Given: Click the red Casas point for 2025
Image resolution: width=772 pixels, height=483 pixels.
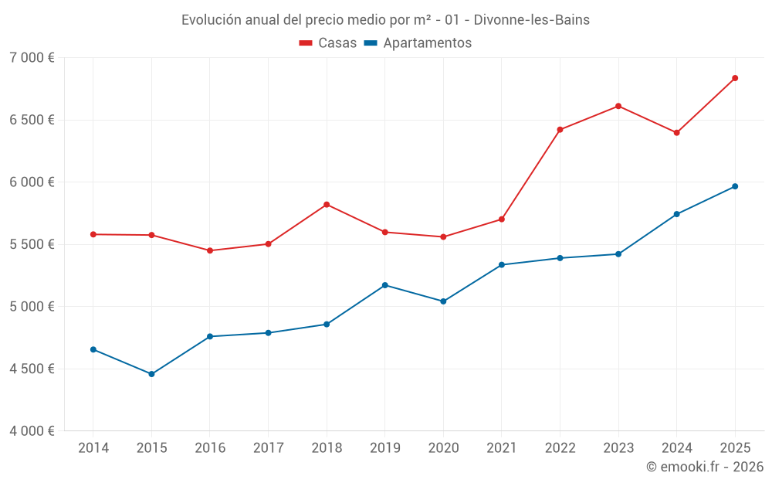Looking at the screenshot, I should [x=735, y=78].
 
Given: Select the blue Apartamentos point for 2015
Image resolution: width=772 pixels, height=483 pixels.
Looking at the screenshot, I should [x=151, y=374].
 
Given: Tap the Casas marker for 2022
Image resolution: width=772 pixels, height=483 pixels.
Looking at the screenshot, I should [x=560, y=130].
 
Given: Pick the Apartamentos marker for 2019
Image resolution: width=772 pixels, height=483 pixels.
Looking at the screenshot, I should [x=385, y=285].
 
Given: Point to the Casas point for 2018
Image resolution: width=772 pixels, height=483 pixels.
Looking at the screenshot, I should [x=327, y=204].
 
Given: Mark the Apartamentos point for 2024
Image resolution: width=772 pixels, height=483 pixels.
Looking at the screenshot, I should [x=676, y=214].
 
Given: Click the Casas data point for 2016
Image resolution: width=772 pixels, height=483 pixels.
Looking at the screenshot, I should [x=210, y=250].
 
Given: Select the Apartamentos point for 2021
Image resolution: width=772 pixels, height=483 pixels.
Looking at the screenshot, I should [x=502, y=265].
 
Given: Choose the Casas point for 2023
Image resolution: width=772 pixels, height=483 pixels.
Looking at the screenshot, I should [x=618, y=106].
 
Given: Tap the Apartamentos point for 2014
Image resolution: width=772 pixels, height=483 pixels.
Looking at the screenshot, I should [x=93, y=349].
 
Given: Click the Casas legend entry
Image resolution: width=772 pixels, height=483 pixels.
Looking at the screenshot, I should [x=328, y=43].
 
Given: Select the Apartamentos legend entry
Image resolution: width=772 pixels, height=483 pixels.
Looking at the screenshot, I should [x=418, y=43].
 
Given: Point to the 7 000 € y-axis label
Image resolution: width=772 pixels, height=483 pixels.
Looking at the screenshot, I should [x=32, y=58].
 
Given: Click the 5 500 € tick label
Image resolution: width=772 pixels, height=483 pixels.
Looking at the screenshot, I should [x=32, y=244].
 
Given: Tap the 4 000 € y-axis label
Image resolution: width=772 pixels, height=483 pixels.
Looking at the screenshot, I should [x=32, y=431].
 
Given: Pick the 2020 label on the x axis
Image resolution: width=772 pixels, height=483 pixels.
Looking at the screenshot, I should [x=443, y=448].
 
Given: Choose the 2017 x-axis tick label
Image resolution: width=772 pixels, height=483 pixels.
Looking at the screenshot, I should [x=268, y=448].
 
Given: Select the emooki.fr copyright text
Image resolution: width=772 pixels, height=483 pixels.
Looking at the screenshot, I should [x=705, y=467].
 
